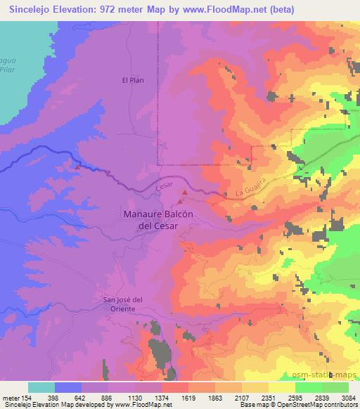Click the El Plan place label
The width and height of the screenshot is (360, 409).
point(133,80)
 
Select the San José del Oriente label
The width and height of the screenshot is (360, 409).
point(124,304)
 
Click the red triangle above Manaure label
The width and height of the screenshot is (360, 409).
point(185,192)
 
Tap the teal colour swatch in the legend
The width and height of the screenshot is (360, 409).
point(41,387)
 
